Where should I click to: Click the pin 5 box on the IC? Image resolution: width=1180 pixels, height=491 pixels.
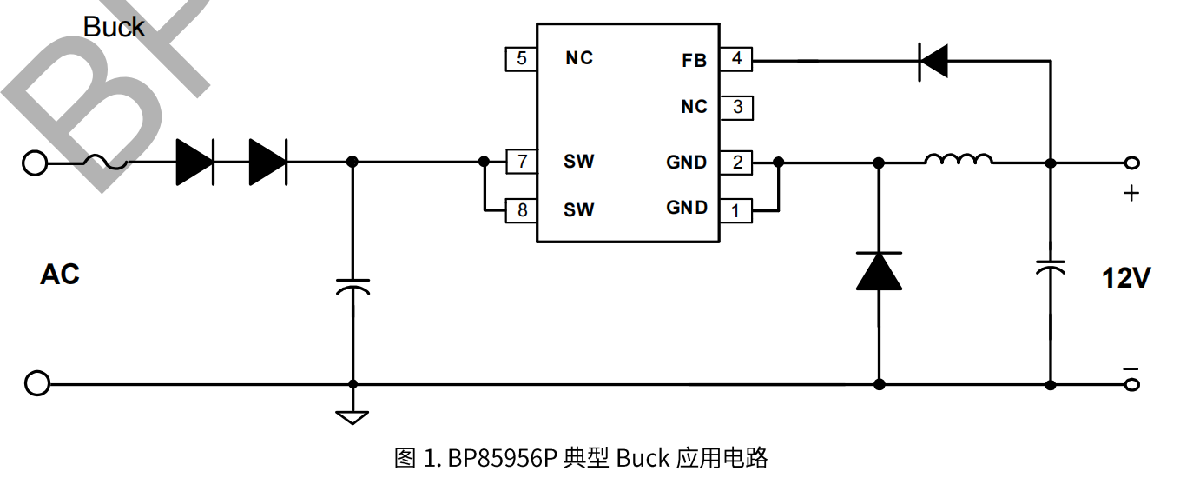(521, 59)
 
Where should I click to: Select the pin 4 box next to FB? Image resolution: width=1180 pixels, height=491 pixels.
(736, 60)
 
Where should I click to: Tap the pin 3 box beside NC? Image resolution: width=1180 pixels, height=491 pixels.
(736, 108)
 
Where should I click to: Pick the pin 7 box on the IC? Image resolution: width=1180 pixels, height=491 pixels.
(521, 162)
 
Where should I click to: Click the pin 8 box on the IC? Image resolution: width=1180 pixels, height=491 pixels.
(521, 210)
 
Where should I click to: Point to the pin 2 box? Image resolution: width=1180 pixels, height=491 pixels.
(736, 163)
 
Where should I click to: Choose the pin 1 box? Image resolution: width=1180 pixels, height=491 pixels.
(736, 210)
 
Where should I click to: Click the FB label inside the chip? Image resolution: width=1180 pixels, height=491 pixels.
(694, 61)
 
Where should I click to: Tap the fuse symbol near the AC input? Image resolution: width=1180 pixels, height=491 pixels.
(105, 163)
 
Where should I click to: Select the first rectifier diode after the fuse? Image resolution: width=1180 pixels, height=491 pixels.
(194, 163)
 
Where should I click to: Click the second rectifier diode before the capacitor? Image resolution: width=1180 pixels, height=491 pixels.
(267, 163)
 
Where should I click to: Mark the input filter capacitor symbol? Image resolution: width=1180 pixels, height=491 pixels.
(353, 287)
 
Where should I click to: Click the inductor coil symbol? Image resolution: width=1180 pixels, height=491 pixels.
(959, 160)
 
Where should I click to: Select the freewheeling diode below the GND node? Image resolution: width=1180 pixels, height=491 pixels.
(879, 271)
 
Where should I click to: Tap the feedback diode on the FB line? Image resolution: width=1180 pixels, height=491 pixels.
(933, 61)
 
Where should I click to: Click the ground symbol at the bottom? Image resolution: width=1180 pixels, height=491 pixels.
(353, 416)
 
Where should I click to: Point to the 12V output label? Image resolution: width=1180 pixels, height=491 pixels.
(1126, 278)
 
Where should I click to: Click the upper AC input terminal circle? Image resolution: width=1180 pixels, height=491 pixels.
(35, 163)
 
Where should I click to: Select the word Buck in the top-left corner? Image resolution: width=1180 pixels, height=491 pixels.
(114, 27)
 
